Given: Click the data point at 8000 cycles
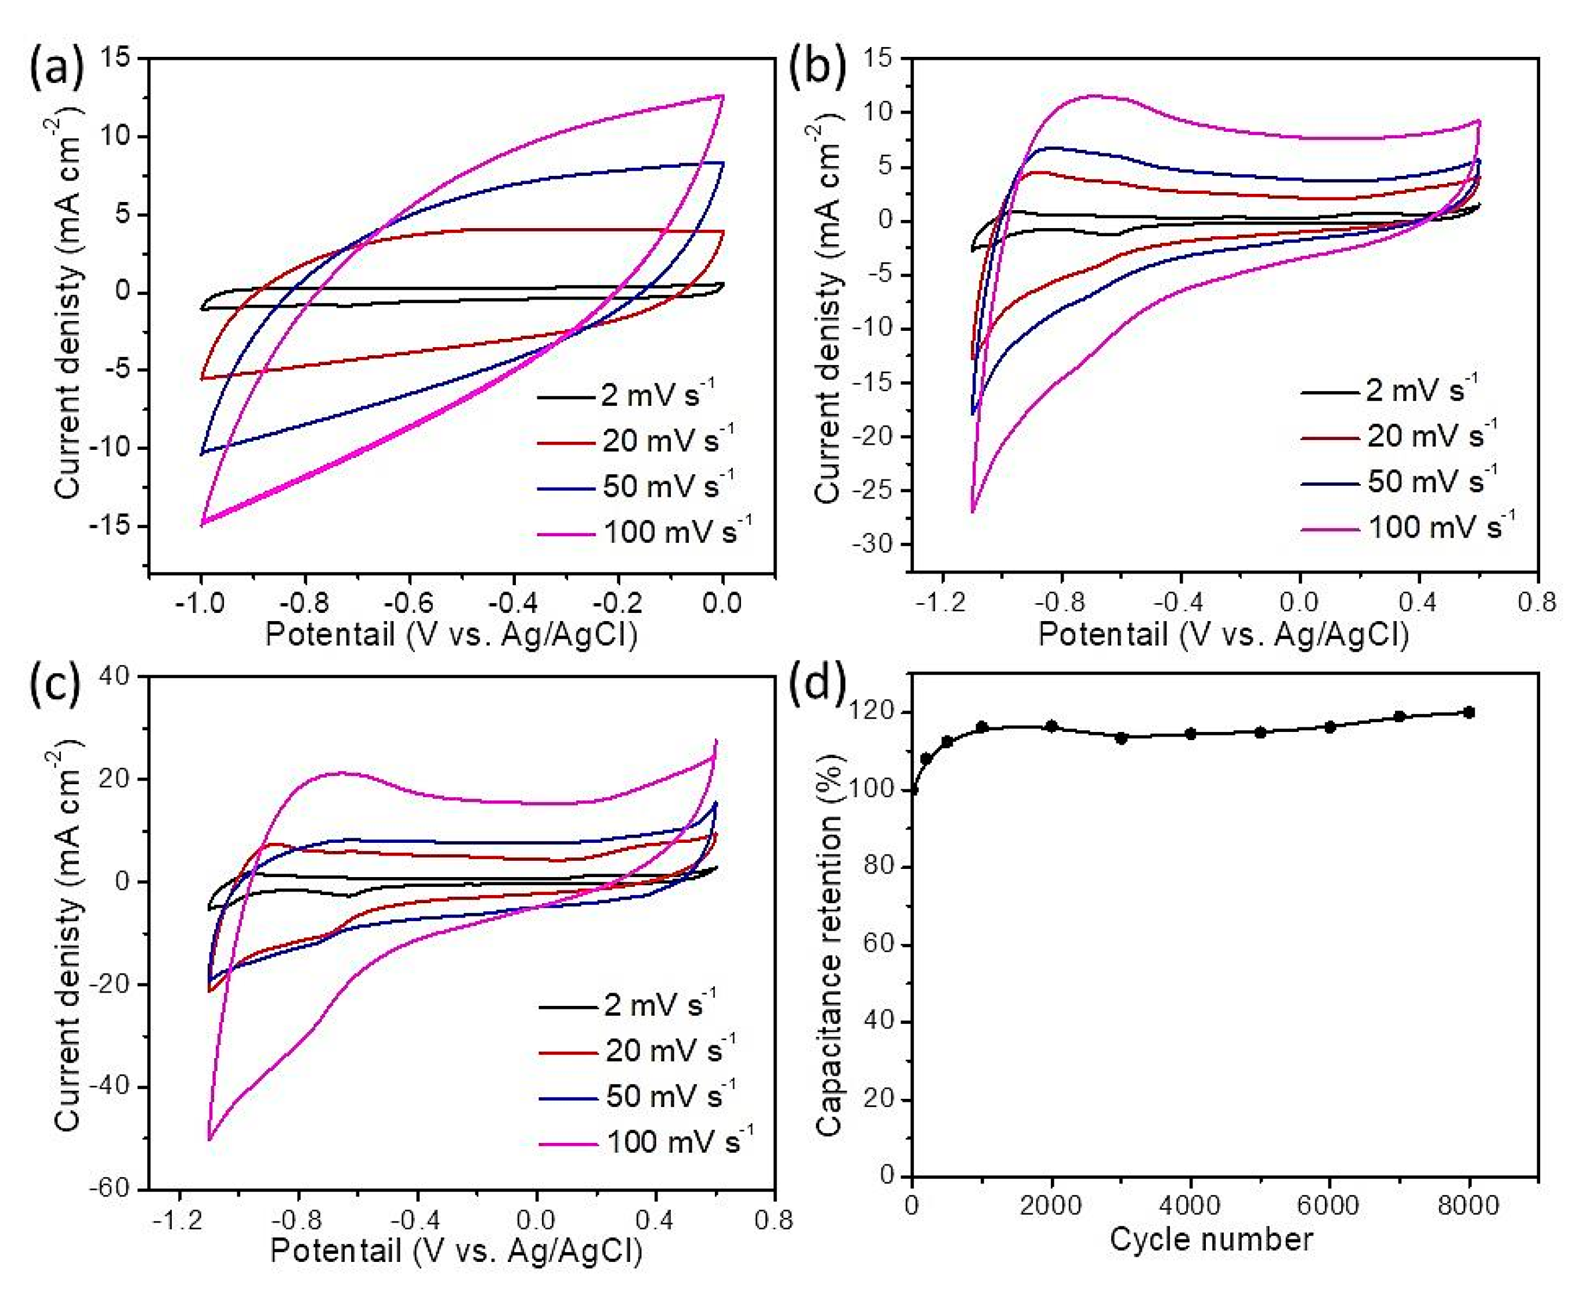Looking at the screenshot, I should coord(1469,712).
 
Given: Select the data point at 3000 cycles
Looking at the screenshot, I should coord(1121,738).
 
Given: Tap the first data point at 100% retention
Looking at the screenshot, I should coord(913,790).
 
